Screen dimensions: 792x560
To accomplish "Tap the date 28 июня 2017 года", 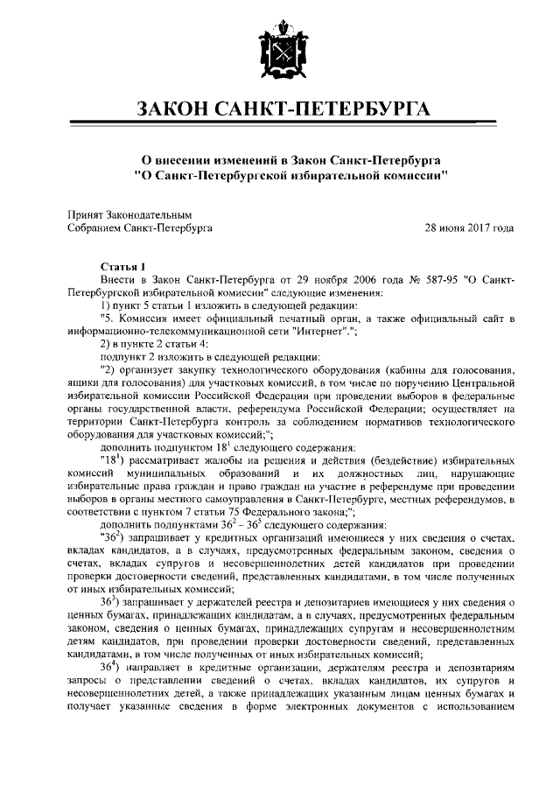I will [x=469, y=228].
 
